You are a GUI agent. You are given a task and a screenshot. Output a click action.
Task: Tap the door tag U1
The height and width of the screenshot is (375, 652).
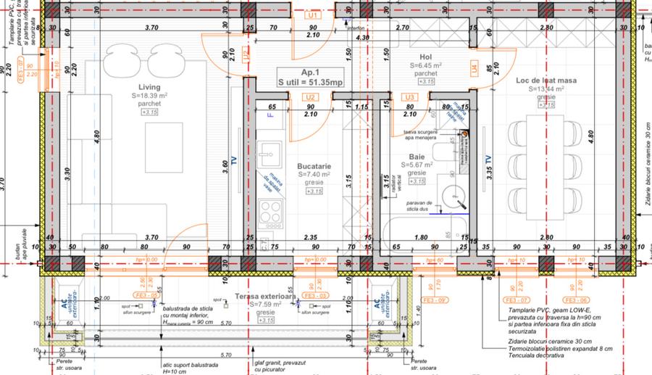(x=313, y=15)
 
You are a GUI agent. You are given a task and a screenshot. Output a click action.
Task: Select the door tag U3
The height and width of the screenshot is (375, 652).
(x=410, y=96)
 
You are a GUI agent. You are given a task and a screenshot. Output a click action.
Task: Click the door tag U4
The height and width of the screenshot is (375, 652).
(x=474, y=69)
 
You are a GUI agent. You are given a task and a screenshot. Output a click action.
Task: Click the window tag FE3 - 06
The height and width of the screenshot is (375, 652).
(x=577, y=300)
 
